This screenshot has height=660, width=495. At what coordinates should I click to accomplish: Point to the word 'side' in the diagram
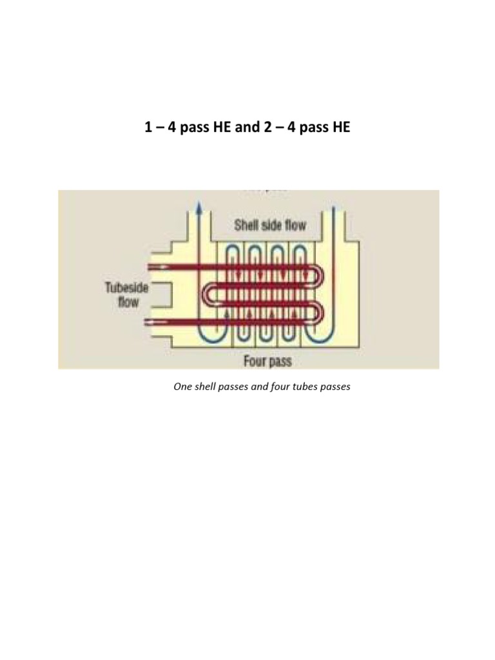coord(273,226)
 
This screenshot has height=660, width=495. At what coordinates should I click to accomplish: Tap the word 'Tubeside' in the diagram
coord(126,289)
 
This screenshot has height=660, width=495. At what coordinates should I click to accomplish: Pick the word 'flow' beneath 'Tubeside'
coord(128,302)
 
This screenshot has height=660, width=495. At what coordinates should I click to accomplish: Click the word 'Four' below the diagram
coord(255,361)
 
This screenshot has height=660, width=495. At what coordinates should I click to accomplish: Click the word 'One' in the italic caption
coord(182,388)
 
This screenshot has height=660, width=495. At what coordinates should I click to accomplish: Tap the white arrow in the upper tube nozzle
coord(164,266)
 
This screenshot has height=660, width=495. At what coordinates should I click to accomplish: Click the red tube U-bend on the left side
coord(209,293)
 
